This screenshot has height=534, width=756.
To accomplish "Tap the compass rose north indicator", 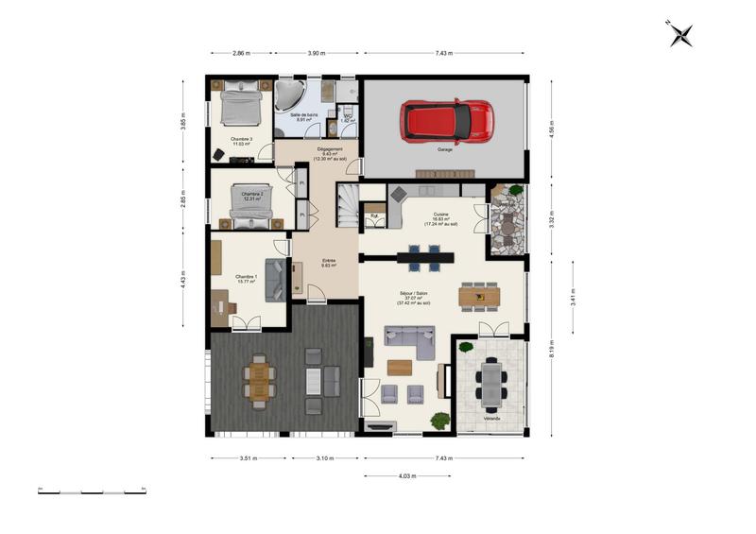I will click(x=680, y=34).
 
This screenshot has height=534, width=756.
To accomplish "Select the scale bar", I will click(x=92, y=491).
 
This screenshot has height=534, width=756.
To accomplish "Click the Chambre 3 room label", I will click(x=241, y=140).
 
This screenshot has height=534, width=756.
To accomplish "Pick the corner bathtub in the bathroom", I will click(x=290, y=95).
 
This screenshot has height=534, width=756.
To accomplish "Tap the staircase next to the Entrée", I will click(x=347, y=204).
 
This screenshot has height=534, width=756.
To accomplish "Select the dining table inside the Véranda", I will click(x=491, y=384).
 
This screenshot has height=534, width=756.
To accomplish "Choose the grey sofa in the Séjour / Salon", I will click(x=408, y=340).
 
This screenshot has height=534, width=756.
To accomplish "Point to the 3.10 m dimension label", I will click(x=324, y=458).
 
